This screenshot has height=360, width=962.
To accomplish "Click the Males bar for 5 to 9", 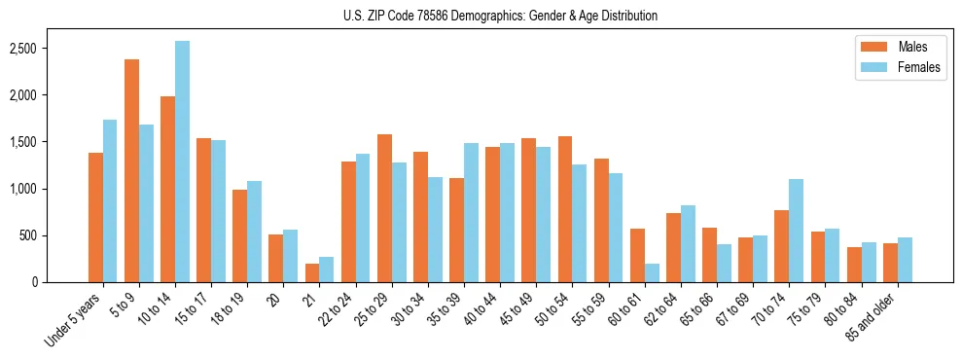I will tap(131, 170).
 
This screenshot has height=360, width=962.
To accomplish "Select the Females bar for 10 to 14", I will tap(182, 162).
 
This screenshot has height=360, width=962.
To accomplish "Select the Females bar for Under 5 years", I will tap(110, 200).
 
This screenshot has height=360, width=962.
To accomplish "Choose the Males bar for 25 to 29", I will tap(384, 208).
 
